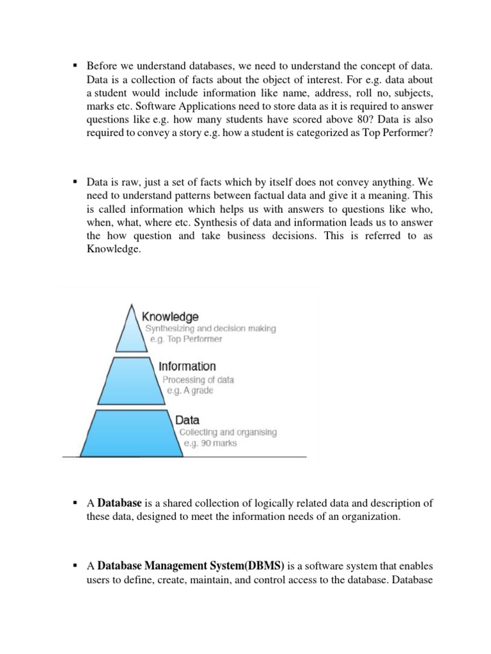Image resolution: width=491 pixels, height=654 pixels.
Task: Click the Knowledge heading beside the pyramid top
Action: coord(170,317)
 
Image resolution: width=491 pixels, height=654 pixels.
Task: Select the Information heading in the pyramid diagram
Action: coord(187,367)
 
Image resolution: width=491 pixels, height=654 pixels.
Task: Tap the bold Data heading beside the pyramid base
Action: coord(187,420)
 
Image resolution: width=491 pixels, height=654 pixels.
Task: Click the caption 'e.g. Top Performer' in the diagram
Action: coord(185,339)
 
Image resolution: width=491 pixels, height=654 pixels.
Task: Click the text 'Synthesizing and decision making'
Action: coord(210,328)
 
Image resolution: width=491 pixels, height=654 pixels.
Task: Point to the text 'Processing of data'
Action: coord(198,379)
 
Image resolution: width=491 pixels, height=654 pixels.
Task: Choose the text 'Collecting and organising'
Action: coord(228,432)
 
